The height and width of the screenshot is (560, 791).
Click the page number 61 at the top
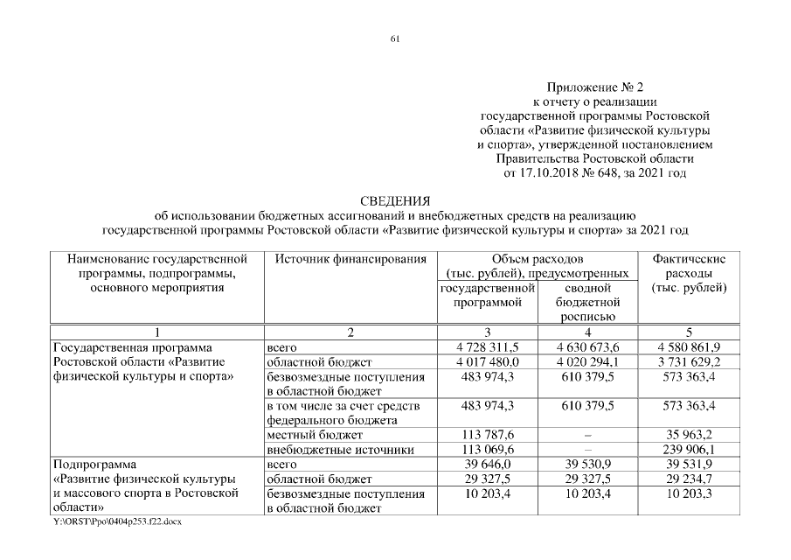pyautogui.click(x=395, y=38)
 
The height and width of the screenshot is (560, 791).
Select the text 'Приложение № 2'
pyautogui.click(x=594, y=87)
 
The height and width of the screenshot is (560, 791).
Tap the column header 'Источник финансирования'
pyautogui.click(x=350, y=259)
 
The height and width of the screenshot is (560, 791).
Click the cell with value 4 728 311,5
pyautogui.click(x=488, y=347)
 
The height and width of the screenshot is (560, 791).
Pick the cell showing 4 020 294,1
pyautogui.click(x=586, y=361)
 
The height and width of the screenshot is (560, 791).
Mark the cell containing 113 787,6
pyautogui.click(x=488, y=435)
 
